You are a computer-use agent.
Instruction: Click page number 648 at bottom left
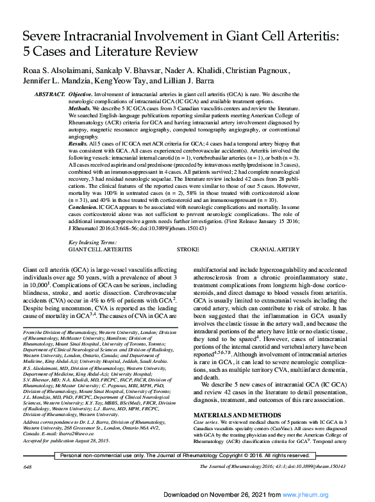click(x=27, y=485)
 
